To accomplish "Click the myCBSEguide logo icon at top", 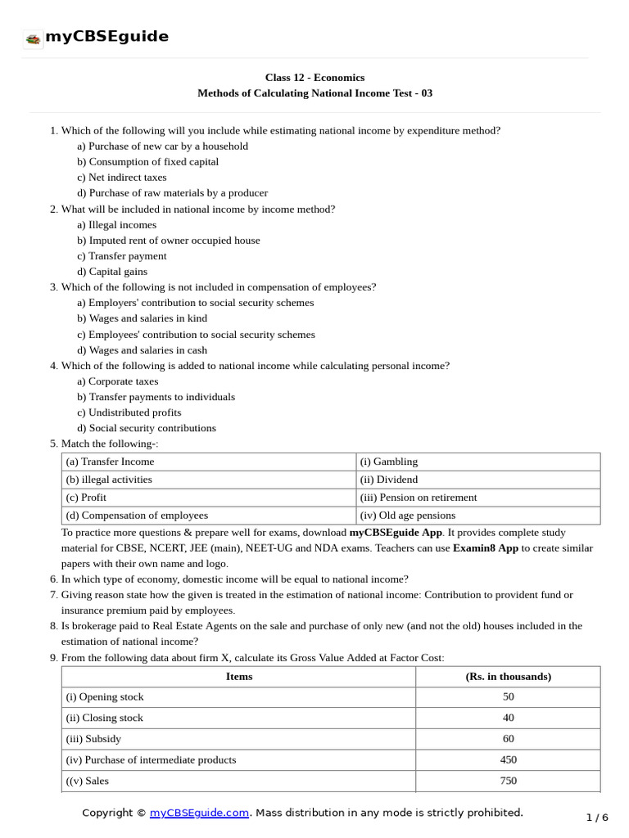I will click(x=34, y=38).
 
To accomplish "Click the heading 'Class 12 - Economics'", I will click(x=314, y=78).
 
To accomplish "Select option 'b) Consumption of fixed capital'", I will click(x=147, y=162).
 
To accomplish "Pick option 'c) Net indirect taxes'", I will click(x=121, y=178).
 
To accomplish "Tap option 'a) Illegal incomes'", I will click(x=116, y=225).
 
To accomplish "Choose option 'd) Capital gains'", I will click(x=112, y=272).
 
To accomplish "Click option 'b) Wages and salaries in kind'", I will click(x=142, y=318).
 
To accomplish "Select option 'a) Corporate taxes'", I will click(x=117, y=381).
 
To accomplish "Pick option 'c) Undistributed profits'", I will click(x=129, y=412).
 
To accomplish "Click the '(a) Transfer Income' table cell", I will click(x=110, y=462).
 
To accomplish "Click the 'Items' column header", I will click(x=239, y=677).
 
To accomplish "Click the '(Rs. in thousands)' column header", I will click(x=508, y=677).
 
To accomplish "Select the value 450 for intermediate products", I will click(x=508, y=760).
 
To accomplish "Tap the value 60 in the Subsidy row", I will click(x=508, y=739).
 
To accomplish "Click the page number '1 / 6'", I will click(x=597, y=818).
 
